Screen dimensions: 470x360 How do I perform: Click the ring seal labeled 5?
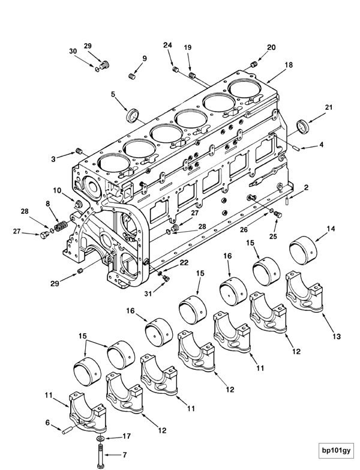[x=133, y=112]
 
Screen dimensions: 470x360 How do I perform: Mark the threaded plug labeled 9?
[x=133, y=76]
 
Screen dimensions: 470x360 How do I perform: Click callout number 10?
[x=56, y=190]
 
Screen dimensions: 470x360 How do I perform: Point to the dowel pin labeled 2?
[x=289, y=201]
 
